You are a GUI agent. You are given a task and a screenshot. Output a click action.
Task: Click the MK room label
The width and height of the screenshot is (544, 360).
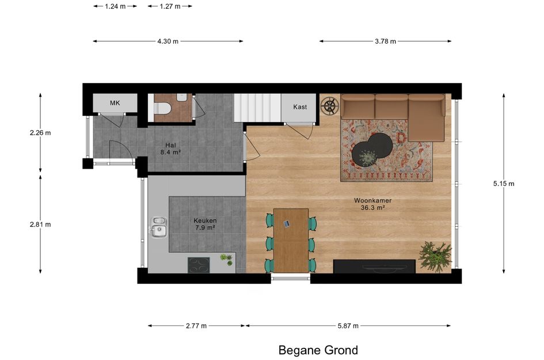coord(115,103)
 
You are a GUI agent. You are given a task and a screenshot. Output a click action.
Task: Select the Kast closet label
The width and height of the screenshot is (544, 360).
coord(300,107)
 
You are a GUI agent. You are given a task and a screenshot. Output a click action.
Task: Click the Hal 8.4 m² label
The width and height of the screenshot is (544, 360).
coord(170,149)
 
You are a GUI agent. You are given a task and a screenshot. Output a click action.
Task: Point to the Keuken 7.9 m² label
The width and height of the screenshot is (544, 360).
coord(205,224)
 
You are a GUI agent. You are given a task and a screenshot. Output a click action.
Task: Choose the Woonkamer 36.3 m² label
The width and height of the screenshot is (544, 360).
coord(372,204)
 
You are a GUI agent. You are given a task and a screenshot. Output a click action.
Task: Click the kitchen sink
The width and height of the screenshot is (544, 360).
coord(158,227)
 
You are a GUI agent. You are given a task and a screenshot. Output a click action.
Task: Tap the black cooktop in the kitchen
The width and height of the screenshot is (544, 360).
coord(199,265)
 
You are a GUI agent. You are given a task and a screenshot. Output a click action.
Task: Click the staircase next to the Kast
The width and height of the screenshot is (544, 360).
coord(257,108)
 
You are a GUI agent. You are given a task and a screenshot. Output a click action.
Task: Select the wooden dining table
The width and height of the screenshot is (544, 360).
coord(291,240)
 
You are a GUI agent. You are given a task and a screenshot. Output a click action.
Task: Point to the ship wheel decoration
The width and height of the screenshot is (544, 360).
coord(330,106)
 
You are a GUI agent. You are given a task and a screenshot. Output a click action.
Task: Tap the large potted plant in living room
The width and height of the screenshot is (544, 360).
coord(435,256)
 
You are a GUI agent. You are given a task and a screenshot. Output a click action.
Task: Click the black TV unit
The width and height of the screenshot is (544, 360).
coord(374,266)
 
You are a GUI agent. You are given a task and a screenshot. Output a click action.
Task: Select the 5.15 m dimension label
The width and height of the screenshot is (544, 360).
coord(503,184)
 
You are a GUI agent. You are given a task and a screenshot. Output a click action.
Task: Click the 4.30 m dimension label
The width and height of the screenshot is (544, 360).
coord(168,41)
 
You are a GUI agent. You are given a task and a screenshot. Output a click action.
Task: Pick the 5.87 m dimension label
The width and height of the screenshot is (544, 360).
coord(348,325)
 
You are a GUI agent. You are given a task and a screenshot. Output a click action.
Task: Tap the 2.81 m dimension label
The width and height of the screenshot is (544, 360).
coord(40,224)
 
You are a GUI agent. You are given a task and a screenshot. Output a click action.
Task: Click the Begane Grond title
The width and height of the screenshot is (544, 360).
coord(318,350)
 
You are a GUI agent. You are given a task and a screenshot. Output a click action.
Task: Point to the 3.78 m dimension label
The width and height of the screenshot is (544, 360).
coord(385,41)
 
